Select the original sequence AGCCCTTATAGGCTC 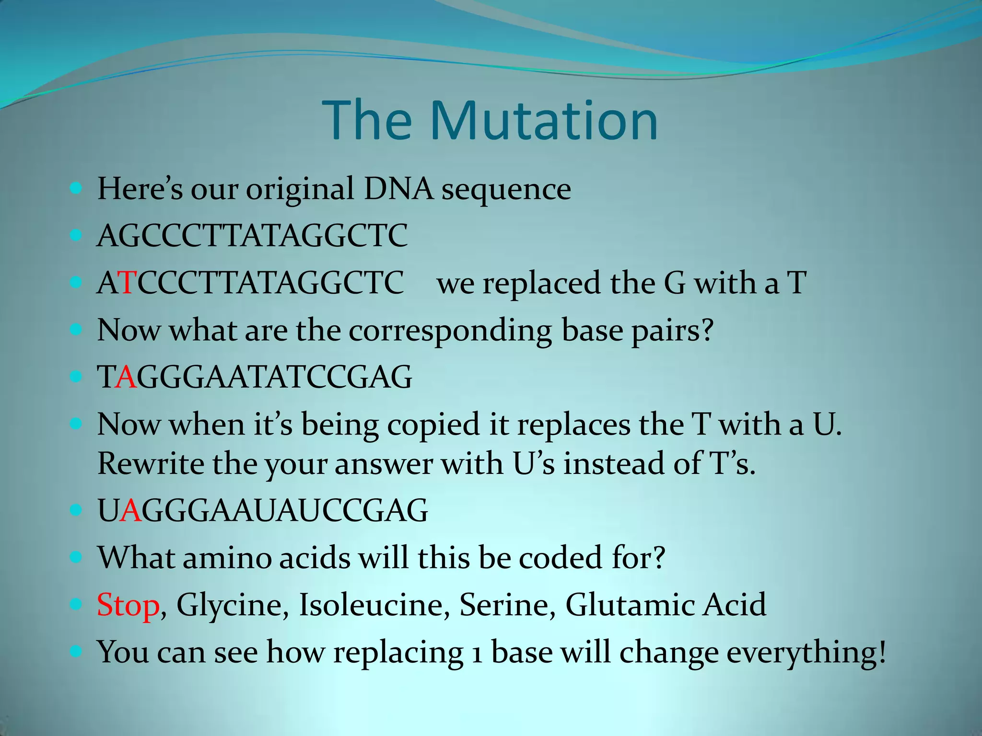point(252,236)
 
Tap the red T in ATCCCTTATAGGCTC point(129,283)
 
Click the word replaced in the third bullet point(541,283)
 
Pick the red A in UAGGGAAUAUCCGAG point(130,510)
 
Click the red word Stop point(128,605)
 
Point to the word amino point(226,558)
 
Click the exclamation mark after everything point(881,652)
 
